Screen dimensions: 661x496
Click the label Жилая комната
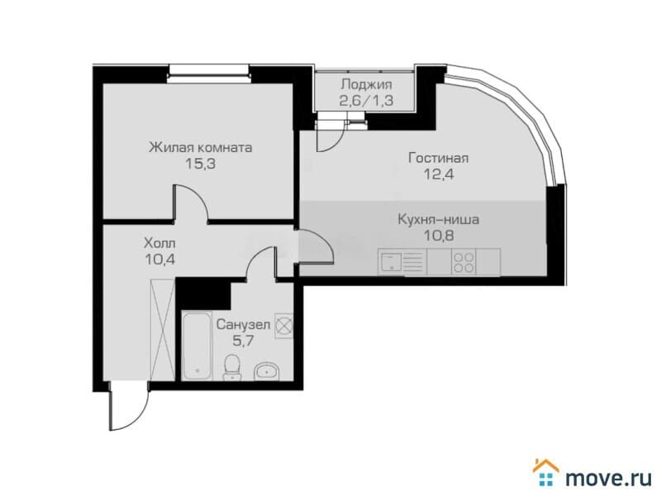pyautogui.click(x=201, y=148)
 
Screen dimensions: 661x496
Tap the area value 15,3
pyautogui.click(x=201, y=164)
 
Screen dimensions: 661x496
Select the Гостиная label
pyautogui.click(x=439, y=158)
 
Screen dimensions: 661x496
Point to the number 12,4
pyautogui.click(x=439, y=174)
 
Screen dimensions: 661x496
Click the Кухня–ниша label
pyautogui.click(x=439, y=220)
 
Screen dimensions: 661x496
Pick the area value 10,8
pyautogui.click(x=439, y=236)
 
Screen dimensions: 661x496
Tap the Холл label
pyautogui.click(x=159, y=243)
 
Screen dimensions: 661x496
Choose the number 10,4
pyautogui.click(x=159, y=259)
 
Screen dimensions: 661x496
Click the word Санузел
pyautogui.click(x=243, y=324)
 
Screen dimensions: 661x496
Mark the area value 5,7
pyautogui.click(x=243, y=340)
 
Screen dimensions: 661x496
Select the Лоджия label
pyautogui.click(x=366, y=84)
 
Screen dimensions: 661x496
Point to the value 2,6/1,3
pyautogui.click(x=366, y=100)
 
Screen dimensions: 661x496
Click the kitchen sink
pyautogui.click(x=391, y=262)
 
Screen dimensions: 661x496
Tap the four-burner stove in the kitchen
pyautogui.click(x=464, y=262)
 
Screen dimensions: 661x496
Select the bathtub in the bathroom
pyautogui.click(x=196, y=346)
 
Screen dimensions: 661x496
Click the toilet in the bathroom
pyautogui.click(x=231, y=368)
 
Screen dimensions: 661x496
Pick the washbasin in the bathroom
pyautogui.click(x=266, y=371)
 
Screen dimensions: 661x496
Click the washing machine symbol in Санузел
pyautogui.click(x=283, y=326)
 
